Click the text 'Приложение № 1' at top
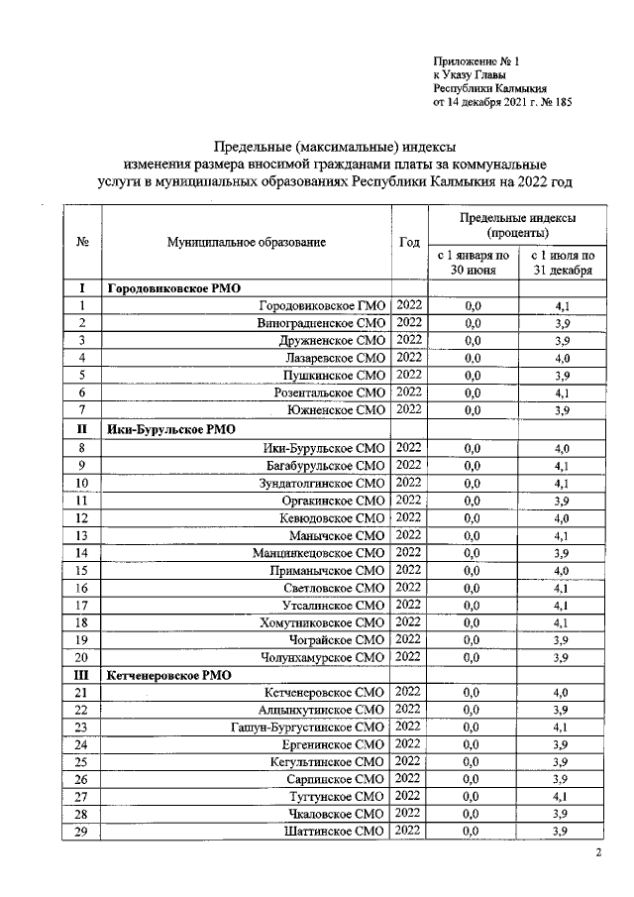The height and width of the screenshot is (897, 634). pyautogui.click(x=475, y=60)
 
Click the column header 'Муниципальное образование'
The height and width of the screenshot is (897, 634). pyautogui.click(x=247, y=241)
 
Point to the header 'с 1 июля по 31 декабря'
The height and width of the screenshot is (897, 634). pyautogui.click(x=561, y=262)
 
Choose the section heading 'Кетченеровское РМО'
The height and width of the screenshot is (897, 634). pyautogui.click(x=169, y=674)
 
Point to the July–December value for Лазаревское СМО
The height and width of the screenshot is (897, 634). pyautogui.click(x=561, y=358)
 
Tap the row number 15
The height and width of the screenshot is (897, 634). pyautogui.click(x=82, y=571)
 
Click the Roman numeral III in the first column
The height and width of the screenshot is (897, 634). pyautogui.click(x=82, y=674)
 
